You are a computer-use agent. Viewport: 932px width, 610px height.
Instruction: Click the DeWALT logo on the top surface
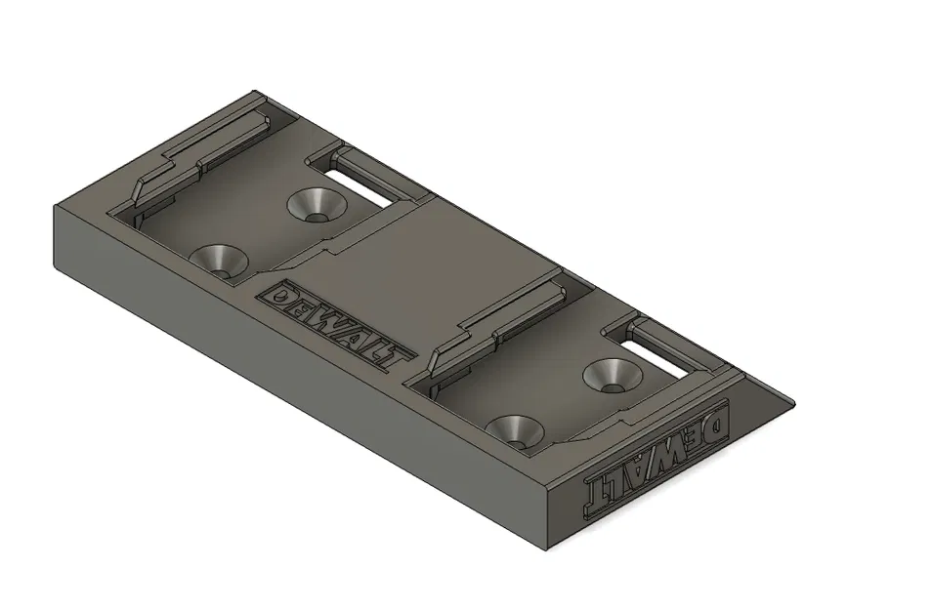pos(332,325)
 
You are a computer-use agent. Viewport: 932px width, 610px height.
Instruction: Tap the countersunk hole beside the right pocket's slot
pos(611,374)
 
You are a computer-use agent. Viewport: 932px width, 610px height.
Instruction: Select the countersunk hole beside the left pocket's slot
pos(316,204)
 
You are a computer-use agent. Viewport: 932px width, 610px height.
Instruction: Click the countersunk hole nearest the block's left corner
pos(218,259)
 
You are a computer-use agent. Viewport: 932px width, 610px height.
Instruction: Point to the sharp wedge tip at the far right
pos(791,401)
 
